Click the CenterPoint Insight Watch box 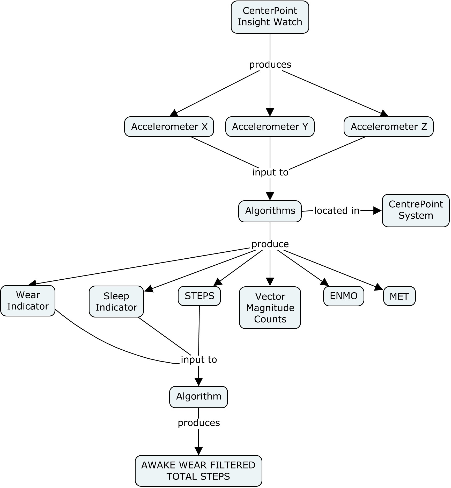270,17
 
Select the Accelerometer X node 169,127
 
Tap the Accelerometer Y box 270,127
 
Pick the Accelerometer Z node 388,127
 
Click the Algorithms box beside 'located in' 270,211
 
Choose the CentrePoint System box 415,210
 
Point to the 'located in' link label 337,211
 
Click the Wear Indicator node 28,301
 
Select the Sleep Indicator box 116,301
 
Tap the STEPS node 199,296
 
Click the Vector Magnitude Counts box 270,308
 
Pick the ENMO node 343,296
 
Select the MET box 399,296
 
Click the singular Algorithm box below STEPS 198,397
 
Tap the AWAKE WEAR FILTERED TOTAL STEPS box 198,471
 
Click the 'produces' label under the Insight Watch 270,65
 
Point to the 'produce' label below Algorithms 270,244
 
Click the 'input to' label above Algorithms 270,172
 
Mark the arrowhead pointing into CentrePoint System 378,211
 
